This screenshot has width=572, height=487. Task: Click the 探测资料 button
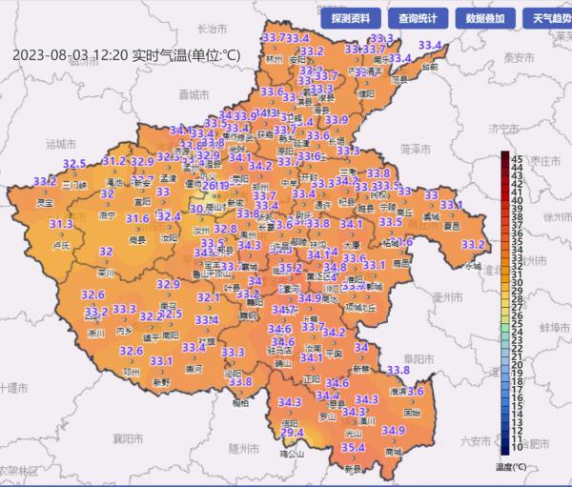coord(356,18)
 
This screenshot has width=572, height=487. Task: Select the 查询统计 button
coord(418,18)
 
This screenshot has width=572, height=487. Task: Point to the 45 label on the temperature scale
coord(516,157)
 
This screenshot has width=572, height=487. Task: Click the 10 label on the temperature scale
coord(516,446)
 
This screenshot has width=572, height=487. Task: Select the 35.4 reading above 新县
coord(354,447)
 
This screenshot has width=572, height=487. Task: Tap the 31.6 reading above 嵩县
coord(137,219)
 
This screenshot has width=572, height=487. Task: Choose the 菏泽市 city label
coord(411,149)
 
